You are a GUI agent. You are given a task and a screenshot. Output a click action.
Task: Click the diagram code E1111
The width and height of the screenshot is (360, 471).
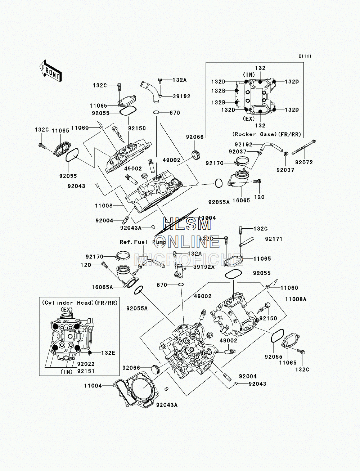[305, 56]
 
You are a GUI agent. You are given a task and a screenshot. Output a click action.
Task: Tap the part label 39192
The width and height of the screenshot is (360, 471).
[182, 97]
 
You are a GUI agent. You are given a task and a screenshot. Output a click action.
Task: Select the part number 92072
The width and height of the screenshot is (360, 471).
[304, 162]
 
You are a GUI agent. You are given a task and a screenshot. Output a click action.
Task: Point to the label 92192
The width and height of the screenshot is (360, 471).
[243, 145]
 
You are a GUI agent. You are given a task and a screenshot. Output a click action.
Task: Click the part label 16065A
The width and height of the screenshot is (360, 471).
[102, 287]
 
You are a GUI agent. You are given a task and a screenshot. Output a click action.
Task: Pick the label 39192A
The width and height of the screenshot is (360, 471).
[204, 267]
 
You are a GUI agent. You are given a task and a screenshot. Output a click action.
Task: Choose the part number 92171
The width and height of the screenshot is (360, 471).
[274, 239]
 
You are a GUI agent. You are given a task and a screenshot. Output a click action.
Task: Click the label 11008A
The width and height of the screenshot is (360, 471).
[296, 299]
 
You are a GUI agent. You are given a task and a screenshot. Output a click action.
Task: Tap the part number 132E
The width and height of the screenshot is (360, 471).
[108, 353]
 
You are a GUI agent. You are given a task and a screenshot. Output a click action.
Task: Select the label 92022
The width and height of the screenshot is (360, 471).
[86, 364]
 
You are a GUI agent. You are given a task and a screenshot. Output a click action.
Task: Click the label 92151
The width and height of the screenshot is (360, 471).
[86, 371]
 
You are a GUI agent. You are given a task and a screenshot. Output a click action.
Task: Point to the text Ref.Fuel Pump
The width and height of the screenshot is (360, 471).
[143, 242]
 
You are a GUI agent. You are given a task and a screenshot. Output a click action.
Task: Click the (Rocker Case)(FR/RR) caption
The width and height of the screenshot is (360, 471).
[267, 134]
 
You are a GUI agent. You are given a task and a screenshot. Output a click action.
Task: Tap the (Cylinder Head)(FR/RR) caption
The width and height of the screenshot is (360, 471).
[80, 303]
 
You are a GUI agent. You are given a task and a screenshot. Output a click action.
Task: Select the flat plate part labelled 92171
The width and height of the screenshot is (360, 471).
[247, 241]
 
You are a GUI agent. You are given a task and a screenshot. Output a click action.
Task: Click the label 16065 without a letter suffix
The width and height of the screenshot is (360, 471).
[241, 201]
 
